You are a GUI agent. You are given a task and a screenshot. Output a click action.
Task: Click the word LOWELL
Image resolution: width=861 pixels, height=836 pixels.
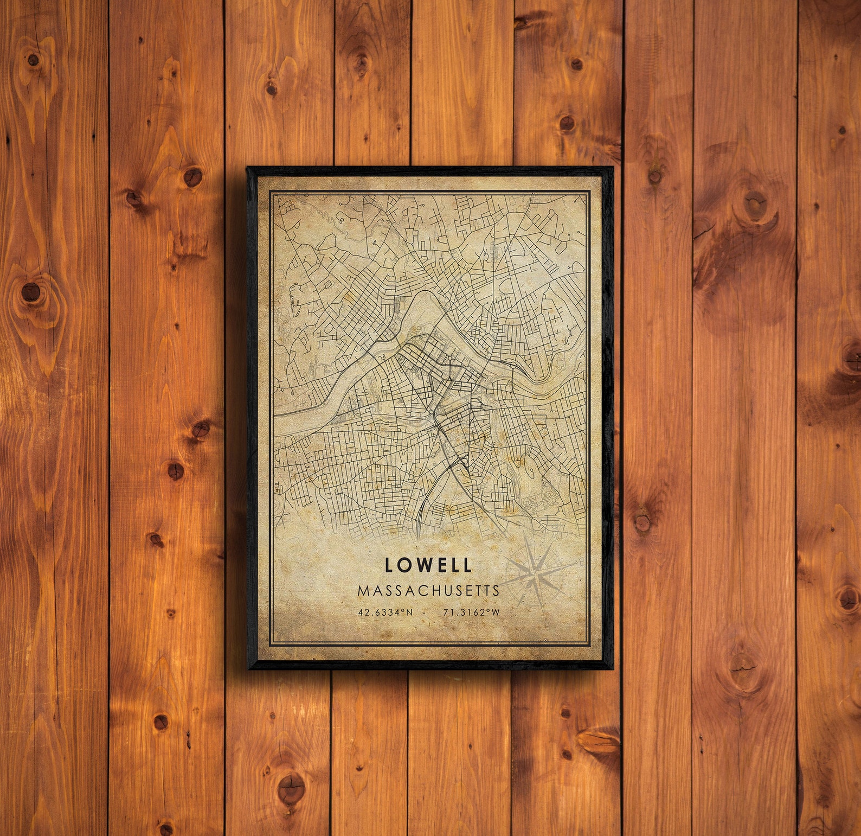[428, 565]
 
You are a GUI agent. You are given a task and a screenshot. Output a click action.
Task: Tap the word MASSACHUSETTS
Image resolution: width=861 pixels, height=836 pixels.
[428, 590]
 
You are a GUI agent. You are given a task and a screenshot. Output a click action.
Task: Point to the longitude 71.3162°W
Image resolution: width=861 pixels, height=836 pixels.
[471, 612]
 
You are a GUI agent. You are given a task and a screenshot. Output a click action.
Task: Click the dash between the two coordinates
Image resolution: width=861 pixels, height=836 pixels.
[428, 612]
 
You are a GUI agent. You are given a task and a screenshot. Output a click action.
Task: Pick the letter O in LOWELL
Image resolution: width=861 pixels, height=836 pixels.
[407, 565]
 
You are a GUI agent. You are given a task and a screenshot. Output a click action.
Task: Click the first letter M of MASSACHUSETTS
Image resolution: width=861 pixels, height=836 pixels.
[363, 590]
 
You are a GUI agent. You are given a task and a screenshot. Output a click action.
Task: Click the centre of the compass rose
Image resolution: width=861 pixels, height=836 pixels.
[534, 572]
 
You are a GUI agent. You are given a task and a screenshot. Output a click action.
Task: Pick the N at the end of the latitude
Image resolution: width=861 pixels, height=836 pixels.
[409, 612]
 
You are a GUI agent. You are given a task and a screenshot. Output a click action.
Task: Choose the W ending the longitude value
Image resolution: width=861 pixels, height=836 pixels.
[495, 612]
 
